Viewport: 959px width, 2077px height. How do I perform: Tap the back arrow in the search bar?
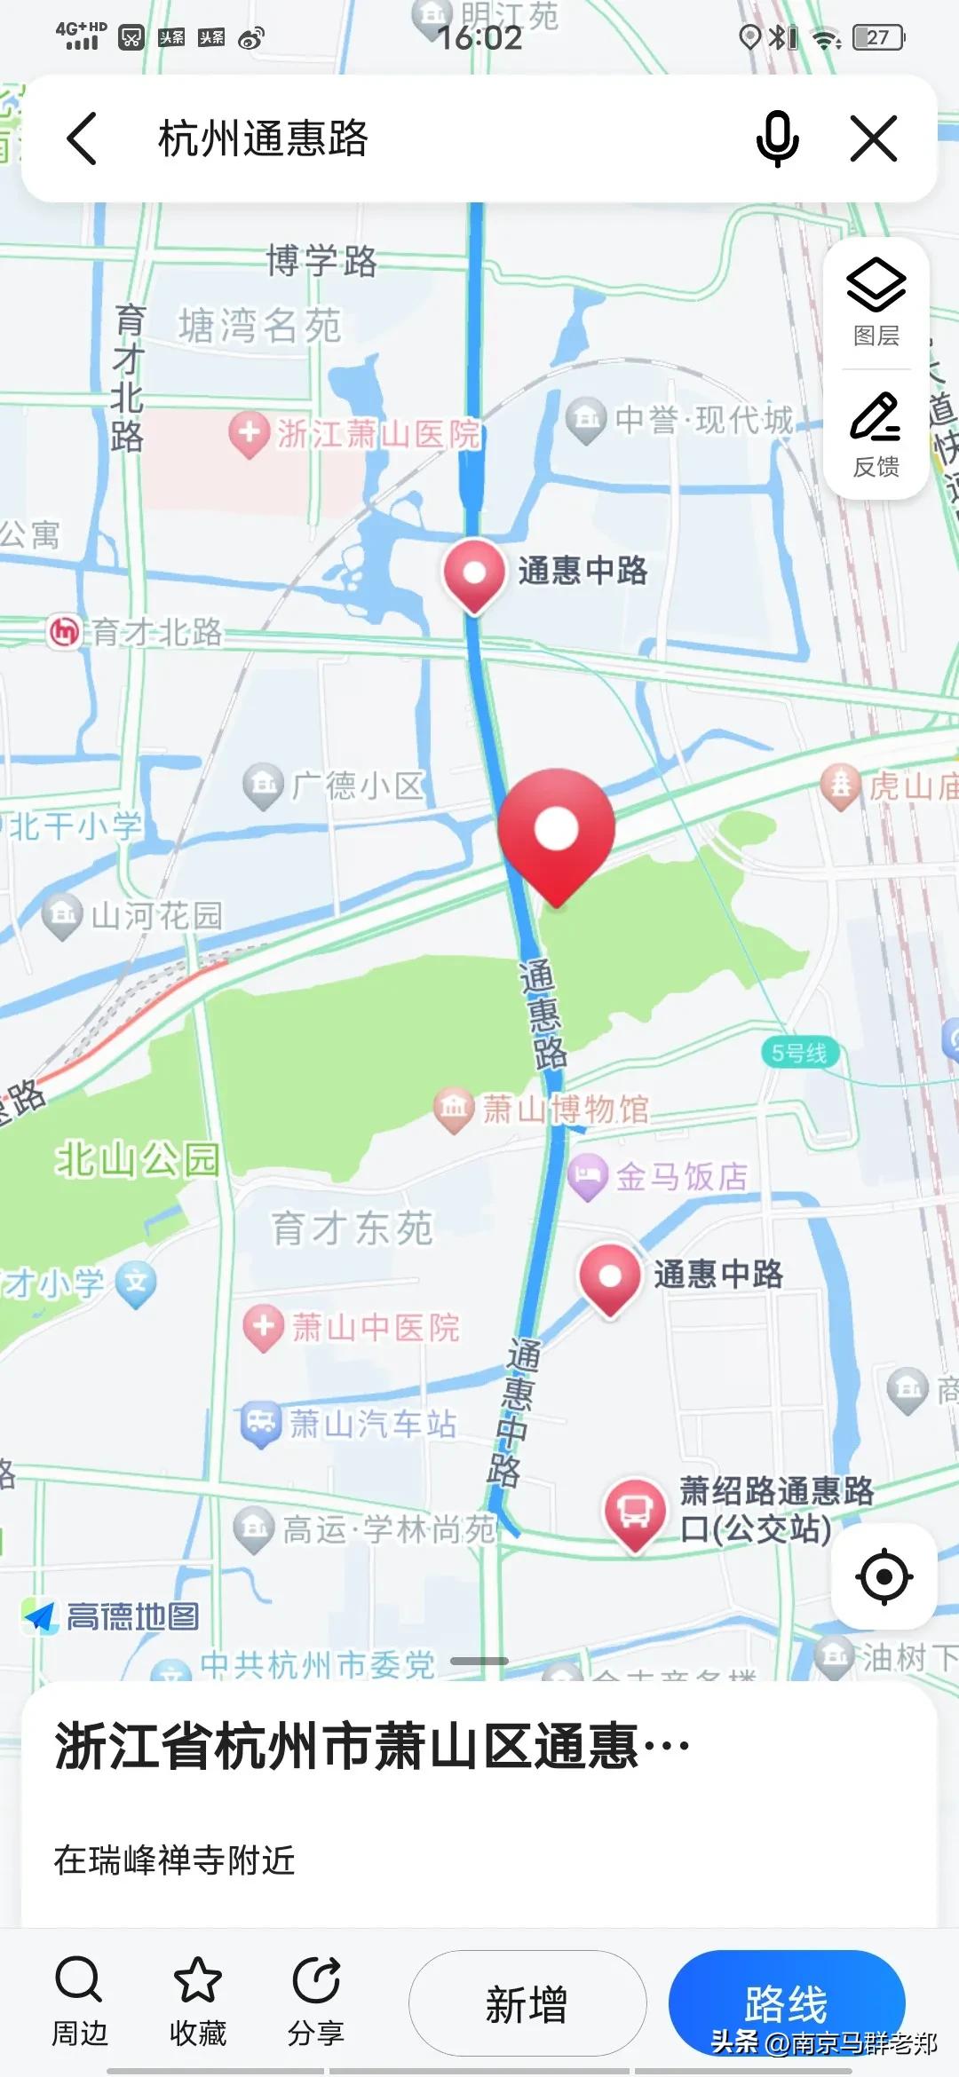click(83, 138)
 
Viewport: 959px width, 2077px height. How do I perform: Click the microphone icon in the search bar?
click(777, 138)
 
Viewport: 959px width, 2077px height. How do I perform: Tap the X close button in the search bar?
click(874, 138)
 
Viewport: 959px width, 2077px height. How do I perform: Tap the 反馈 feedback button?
click(876, 433)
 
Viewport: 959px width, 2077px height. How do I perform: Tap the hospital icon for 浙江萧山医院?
click(250, 434)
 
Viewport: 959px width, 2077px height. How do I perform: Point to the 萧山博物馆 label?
click(566, 1109)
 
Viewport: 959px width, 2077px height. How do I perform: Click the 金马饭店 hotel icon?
click(587, 1176)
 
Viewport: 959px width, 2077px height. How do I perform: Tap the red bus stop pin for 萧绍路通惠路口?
click(635, 1512)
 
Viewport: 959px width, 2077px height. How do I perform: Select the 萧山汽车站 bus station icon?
click(261, 1423)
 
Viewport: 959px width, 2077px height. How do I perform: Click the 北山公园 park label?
click(137, 1159)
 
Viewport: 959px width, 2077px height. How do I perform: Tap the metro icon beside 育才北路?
click(64, 632)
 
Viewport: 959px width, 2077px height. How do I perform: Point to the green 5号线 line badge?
click(799, 1054)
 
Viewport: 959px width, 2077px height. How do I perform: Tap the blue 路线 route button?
click(787, 2003)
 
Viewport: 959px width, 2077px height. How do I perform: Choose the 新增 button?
click(527, 2003)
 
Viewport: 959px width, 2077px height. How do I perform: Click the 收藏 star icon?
click(197, 1981)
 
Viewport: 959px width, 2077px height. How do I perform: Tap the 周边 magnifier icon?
click(79, 1981)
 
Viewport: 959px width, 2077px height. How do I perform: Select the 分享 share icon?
click(315, 1981)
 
